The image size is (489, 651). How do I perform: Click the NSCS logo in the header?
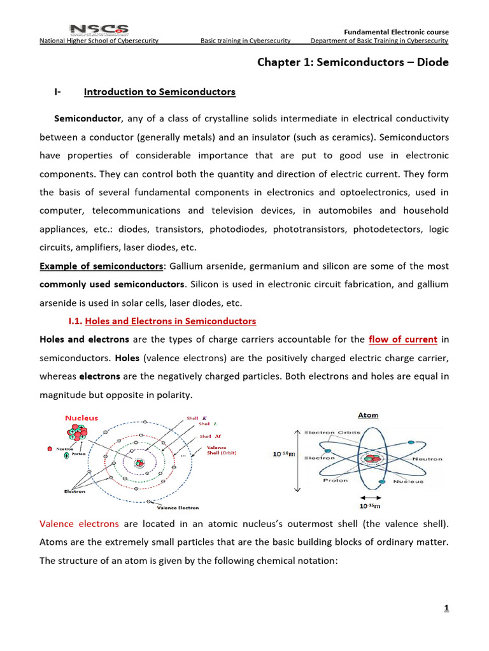click(x=99, y=30)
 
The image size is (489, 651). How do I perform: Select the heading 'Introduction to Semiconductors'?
click(x=159, y=92)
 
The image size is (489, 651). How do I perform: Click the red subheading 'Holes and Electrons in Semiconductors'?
click(x=170, y=321)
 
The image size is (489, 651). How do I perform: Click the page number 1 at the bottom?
click(x=446, y=608)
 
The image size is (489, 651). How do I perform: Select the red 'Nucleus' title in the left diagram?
click(x=81, y=418)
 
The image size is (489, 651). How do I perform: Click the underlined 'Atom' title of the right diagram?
click(x=367, y=415)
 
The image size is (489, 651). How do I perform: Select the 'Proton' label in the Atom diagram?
click(x=335, y=480)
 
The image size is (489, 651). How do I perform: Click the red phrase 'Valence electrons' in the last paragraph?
click(x=79, y=524)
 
